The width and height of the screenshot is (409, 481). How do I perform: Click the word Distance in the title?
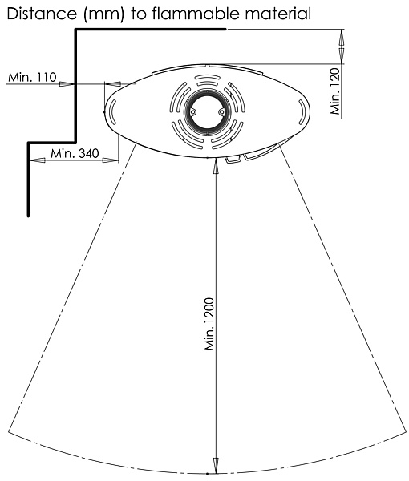point(42,14)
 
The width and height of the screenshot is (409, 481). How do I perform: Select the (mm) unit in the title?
point(103,14)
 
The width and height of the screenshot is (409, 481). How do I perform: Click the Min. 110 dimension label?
point(32,77)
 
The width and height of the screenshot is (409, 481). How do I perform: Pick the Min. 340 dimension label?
point(75,153)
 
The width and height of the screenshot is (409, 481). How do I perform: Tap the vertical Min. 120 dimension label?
point(336,91)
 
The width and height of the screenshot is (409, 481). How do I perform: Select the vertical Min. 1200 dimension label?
point(209,324)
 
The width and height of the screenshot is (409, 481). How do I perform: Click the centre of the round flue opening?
point(207,112)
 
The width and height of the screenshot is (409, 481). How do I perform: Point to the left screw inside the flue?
point(192,112)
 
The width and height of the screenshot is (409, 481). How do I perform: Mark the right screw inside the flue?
point(221,112)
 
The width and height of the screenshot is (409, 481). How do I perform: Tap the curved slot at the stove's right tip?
point(302,112)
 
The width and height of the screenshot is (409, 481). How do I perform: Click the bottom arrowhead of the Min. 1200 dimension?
point(216,467)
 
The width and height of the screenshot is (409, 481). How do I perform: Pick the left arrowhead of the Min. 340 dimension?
point(37,160)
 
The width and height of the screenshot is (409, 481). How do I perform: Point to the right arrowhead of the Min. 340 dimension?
point(110,160)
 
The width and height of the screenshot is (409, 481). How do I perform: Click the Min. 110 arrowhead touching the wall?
point(67,83)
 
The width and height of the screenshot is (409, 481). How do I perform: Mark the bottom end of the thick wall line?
point(29,216)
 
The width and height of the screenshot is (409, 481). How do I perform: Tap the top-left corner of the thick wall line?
point(75,30)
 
